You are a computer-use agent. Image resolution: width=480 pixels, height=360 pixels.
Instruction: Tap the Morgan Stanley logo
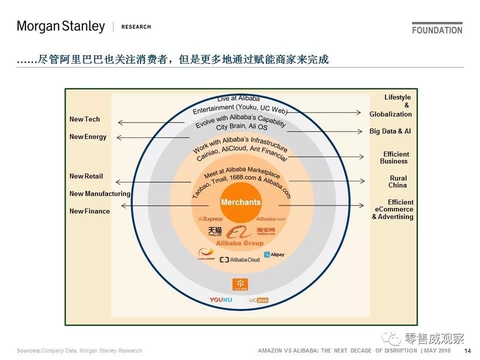[x=61, y=26]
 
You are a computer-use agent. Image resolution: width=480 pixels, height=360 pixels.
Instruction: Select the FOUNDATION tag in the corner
[x=437, y=29]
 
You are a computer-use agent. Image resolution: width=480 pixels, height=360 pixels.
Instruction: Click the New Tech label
[x=84, y=119]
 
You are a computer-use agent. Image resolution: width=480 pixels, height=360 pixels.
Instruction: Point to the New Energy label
[x=88, y=137]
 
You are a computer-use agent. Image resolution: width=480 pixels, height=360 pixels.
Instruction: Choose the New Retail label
[x=86, y=176]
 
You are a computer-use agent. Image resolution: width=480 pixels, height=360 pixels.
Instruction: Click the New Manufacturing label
[x=100, y=194]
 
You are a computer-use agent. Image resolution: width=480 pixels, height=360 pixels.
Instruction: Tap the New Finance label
[x=89, y=211]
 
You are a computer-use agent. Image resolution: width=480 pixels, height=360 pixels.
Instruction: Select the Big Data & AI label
[x=390, y=131]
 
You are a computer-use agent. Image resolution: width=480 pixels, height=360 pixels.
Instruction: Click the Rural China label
[x=398, y=181]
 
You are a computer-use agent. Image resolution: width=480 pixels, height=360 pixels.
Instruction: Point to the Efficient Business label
[x=394, y=158]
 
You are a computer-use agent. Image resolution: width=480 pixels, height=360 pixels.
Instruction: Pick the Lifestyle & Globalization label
[x=391, y=105]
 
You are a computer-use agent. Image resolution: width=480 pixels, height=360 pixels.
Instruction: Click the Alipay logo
[x=274, y=255]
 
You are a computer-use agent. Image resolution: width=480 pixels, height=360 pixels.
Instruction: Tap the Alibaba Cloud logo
[x=240, y=260]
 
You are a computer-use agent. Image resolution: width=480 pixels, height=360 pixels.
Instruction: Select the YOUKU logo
[x=220, y=300]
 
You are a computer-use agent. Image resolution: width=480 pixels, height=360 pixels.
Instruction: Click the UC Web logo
[x=259, y=300]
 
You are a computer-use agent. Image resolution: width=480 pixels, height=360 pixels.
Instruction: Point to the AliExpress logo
[x=210, y=219]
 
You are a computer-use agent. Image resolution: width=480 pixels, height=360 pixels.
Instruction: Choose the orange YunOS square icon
[x=240, y=284]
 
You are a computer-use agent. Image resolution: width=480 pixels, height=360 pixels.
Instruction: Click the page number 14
[x=468, y=350]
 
